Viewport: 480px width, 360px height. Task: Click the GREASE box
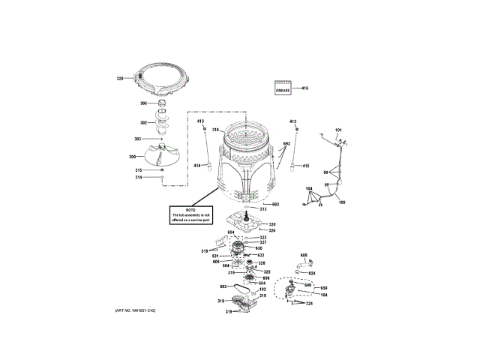point(283,89)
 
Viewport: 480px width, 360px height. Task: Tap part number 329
point(119,77)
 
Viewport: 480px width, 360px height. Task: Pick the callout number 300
point(132,157)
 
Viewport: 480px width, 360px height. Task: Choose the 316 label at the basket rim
point(215,130)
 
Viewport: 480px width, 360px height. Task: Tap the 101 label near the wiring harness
point(337,131)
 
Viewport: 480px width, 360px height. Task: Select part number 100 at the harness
point(342,203)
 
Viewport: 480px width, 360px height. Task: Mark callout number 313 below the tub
point(263,209)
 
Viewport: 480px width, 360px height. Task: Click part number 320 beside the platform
point(272,224)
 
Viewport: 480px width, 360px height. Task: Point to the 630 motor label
point(259,248)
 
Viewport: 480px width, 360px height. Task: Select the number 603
point(223,287)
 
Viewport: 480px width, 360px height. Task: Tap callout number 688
point(304,256)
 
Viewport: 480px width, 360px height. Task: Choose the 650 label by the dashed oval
point(324,289)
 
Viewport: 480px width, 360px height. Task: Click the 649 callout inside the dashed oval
point(307,284)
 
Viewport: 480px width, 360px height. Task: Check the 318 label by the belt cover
point(220,301)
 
